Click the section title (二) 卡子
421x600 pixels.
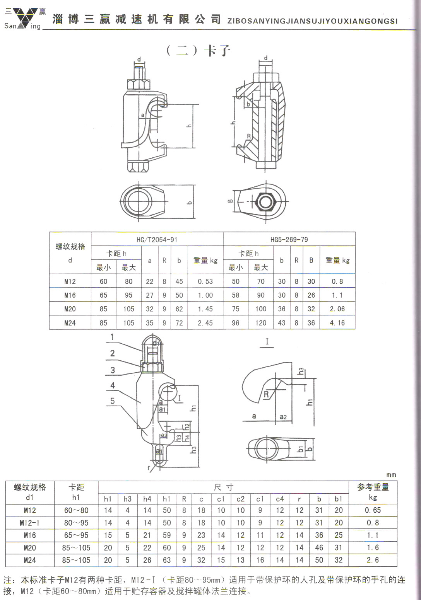(198, 50)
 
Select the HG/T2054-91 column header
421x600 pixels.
(157, 239)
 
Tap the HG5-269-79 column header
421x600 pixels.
(289, 239)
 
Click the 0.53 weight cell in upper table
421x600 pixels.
(205, 281)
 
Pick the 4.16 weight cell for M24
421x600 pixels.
(337, 323)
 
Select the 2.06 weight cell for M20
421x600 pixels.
(337, 309)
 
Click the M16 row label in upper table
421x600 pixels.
(70, 295)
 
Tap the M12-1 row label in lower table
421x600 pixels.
(29, 523)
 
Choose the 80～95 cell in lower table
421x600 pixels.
(76, 523)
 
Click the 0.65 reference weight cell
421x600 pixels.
(373, 510)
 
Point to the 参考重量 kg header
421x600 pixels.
(373, 492)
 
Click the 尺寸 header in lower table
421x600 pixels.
(223, 487)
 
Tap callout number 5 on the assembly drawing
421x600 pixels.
(112, 401)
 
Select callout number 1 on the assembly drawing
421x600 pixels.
(112, 337)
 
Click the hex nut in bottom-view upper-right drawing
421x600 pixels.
(265, 202)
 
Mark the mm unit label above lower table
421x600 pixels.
(391, 475)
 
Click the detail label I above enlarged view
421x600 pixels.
(267, 341)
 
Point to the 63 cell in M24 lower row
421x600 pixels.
(166, 560)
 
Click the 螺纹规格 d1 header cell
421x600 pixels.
(30, 492)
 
